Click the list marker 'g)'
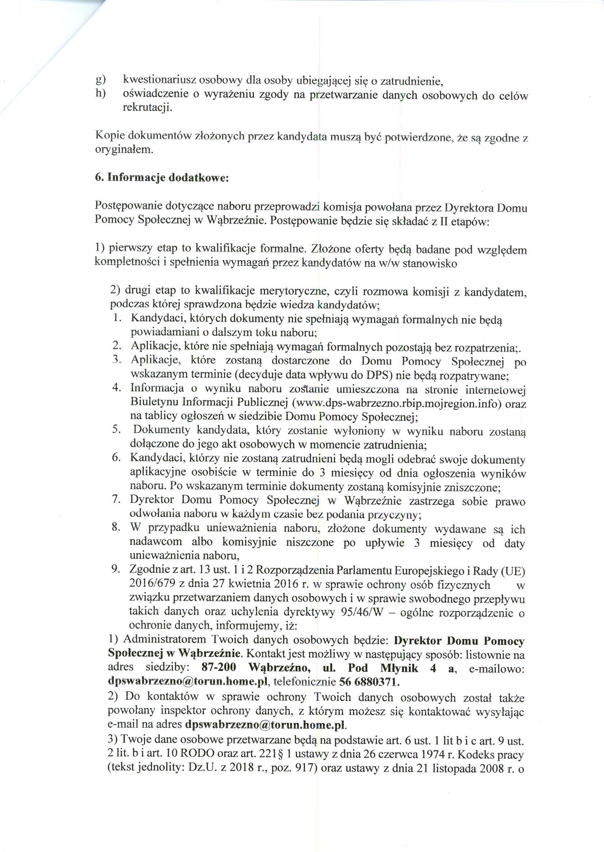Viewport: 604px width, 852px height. click(x=100, y=80)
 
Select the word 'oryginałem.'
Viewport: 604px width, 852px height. click(x=124, y=150)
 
